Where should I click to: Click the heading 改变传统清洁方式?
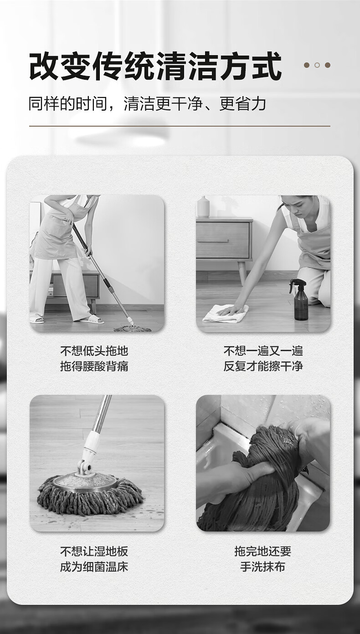tap(155, 66)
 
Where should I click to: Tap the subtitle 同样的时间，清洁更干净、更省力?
tap(147, 104)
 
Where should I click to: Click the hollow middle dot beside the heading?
tap(317, 65)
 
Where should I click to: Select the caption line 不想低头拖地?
tap(94, 351)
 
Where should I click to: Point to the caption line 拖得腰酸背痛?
tap(94, 366)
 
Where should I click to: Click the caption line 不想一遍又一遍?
tap(263, 351)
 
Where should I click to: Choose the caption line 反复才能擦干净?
tap(263, 366)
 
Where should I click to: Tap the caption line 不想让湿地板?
tap(94, 551)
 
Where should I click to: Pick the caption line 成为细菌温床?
tap(94, 567)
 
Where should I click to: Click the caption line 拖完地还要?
tap(263, 551)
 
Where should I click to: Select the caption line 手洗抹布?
tap(263, 567)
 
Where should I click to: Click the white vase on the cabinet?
tap(203, 207)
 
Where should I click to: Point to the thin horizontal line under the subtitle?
tap(180, 126)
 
